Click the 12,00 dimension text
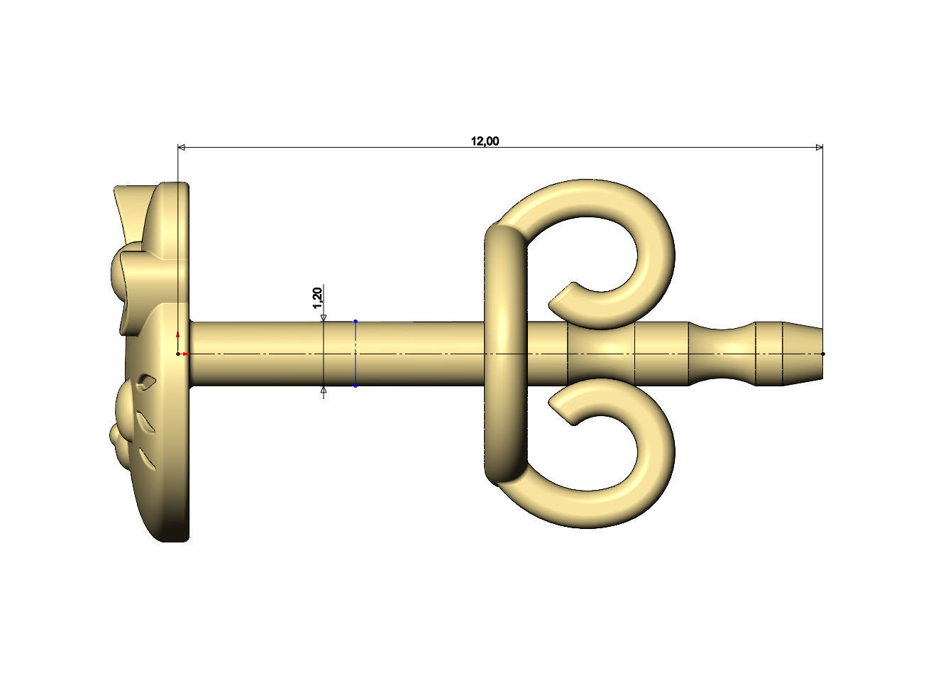[485, 141]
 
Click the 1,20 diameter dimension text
[318, 298]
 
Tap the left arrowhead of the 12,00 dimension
[181, 147]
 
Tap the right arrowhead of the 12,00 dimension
[820, 147]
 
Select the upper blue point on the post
[355, 322]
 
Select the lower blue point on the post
[355, 386]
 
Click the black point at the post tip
[823, 354]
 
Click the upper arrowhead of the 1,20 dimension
[324, 318]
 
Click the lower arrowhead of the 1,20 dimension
[324, 390]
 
